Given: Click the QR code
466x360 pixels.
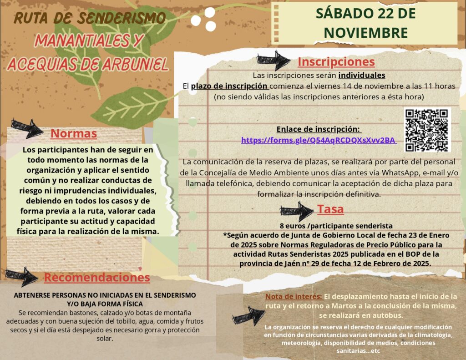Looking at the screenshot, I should (426, 130).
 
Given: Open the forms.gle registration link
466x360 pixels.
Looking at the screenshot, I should (319, 140).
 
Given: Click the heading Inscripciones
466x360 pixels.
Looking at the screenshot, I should (336, 62).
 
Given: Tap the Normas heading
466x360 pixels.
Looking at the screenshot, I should (73, 134).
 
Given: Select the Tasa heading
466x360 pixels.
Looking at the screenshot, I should (330, 209).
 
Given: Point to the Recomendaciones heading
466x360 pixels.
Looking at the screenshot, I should (97, 277).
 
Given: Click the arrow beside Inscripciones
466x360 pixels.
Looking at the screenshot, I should (273, 60).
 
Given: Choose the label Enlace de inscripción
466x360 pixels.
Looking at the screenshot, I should (318, 129).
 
